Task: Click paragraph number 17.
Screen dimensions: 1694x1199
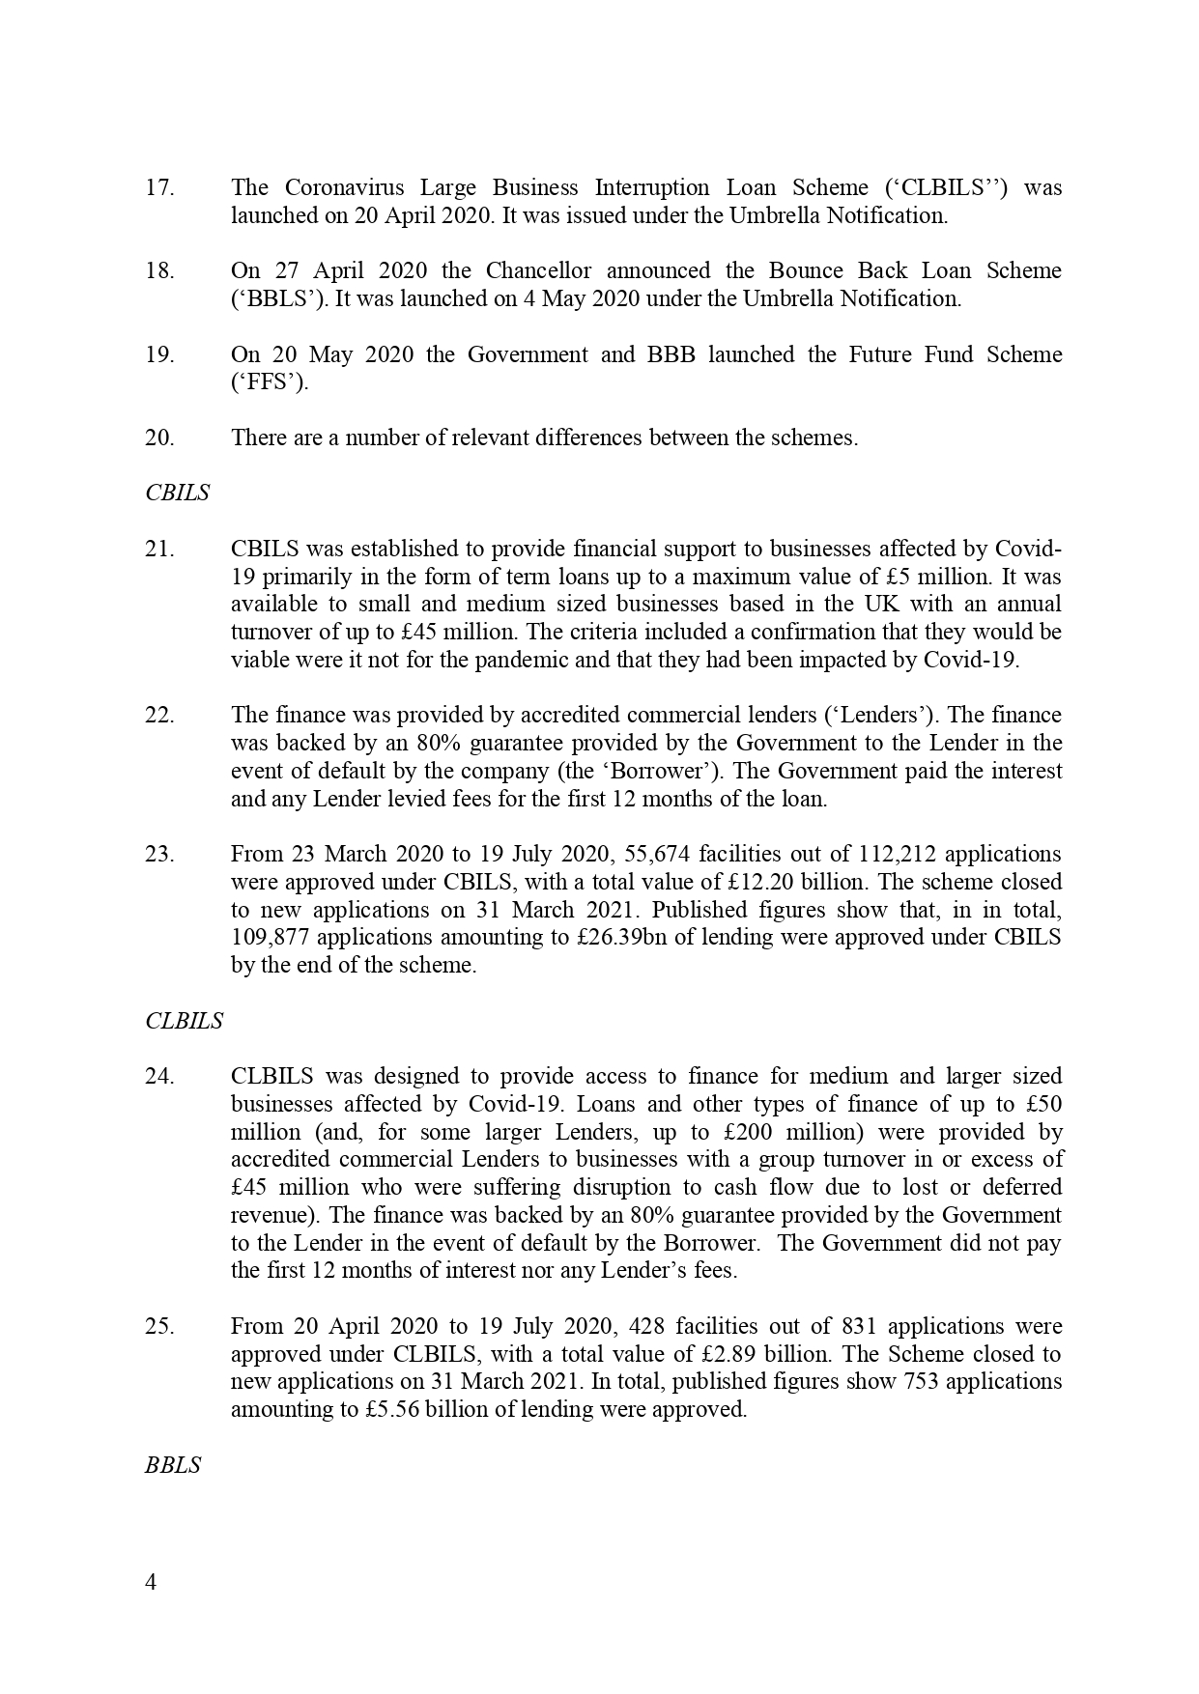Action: coord(159,187)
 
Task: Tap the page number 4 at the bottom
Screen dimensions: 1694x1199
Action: coord(150,1582)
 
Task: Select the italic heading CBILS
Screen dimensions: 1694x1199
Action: coord(177,493)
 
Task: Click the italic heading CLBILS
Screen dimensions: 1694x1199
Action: coord(184,1021)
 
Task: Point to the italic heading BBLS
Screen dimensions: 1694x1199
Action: coord(173,1465)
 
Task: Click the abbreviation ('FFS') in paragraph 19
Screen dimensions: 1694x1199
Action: coord(270,382)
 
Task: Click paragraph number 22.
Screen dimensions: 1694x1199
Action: coord(159,716)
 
